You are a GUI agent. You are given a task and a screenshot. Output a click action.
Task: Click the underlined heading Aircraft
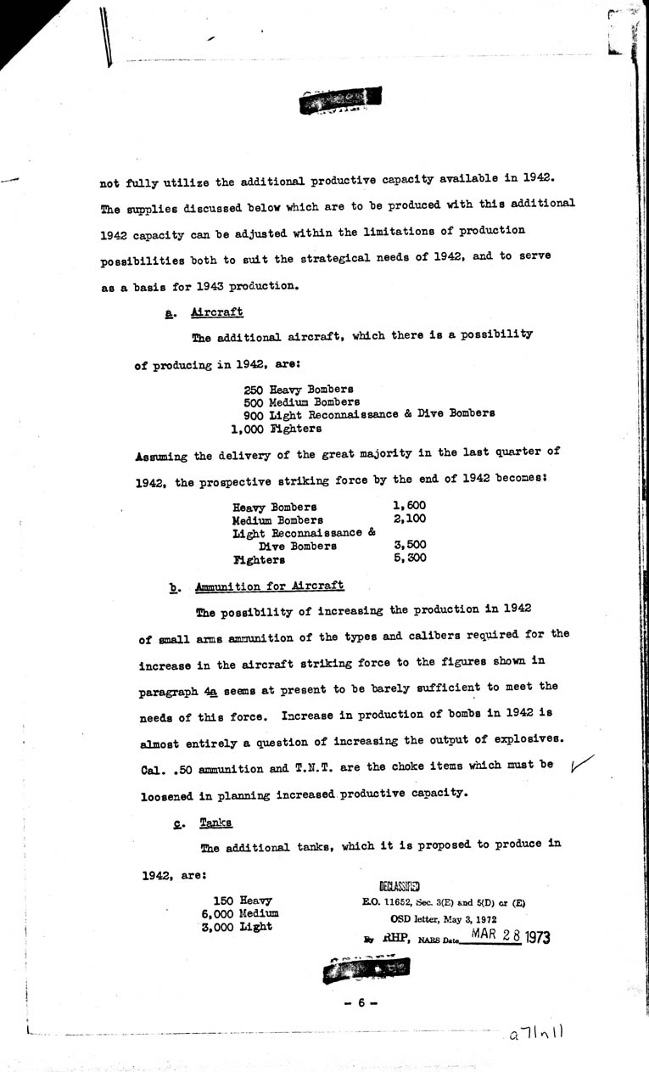pos(217,312)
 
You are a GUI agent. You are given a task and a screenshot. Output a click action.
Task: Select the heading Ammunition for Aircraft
pos(269,586)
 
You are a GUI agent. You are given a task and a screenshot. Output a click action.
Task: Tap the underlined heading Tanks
pos(215,822)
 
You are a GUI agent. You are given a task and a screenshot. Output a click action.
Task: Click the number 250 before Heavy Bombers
pos(253,388)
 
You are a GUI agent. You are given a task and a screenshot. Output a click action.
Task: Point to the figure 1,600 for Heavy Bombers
pos(410,506)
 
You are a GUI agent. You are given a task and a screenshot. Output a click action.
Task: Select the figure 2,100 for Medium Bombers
pos(410,519)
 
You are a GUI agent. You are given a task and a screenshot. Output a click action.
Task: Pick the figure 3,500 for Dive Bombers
pos(410,545)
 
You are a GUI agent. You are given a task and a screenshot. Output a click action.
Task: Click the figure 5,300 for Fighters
pos(410,558)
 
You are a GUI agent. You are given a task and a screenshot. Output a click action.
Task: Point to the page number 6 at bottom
pos(361,1002)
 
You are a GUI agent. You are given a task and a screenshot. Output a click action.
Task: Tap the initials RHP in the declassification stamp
pos(391,939)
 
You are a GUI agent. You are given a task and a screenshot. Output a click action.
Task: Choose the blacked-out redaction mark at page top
pos(333,103)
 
